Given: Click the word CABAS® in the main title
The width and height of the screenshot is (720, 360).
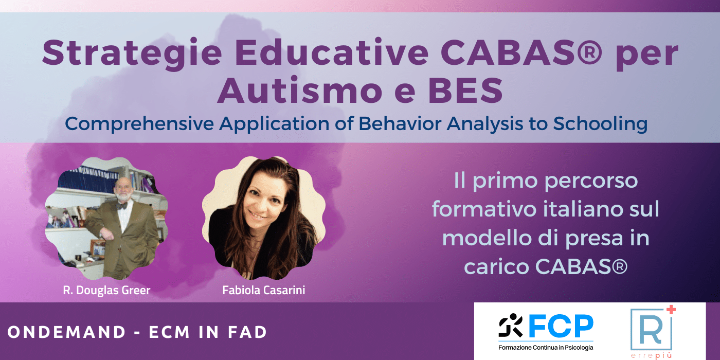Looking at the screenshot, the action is [x=521, y=52].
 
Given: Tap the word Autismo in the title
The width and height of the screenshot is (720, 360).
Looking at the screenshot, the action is [x=299, y=91].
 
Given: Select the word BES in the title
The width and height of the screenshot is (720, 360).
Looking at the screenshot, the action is [x=465, y=91].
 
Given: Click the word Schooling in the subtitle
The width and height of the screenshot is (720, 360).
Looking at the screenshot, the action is [x=600, y=124].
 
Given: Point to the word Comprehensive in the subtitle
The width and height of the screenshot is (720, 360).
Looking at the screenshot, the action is [x=139, y=124].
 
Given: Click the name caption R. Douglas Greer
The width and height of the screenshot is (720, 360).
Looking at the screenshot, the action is [x=107, y=290].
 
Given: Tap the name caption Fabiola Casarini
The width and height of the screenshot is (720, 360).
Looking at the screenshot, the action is [x=263, y=290].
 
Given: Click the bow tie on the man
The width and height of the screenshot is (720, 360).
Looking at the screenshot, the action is [x=121, y=206].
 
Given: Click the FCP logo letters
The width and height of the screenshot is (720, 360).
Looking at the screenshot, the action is [x=561, y=326].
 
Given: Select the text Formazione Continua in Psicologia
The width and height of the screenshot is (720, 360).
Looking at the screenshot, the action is [x=546, y=348].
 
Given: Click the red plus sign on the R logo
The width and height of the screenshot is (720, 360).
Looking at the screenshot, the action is [x=671, y=310].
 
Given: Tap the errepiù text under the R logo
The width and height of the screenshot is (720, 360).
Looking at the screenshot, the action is [x=651, y=355].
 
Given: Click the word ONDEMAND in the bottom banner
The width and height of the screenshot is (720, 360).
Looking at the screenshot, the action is [x=66, y=332].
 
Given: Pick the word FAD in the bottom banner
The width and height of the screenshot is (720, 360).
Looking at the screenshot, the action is [x=247, y=332].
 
